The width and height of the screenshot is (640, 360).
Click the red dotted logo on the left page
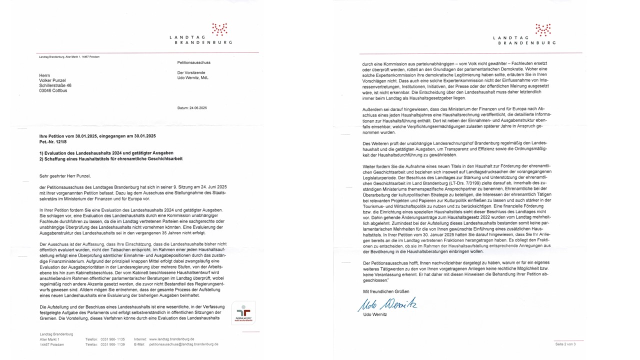(219, 29)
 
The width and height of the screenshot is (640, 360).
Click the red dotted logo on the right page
(542, 29)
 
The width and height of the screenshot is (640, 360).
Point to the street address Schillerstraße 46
(55, 85)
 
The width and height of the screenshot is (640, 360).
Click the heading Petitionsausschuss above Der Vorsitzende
(194, 63)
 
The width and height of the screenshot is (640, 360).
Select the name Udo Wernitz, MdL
(193, 78)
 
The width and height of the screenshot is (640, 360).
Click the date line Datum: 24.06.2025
(192, 108)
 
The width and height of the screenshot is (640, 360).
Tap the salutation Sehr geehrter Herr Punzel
(65, 175)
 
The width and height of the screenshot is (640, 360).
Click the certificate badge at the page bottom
(243, 312)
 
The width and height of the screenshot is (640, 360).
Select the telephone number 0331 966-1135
(112, 339)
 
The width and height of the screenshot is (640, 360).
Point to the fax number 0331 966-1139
(112, 344)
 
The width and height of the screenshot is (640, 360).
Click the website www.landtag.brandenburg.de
(171, 339)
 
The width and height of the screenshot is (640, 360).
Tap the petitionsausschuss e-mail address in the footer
(184, 344)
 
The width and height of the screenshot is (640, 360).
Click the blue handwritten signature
(387, 304)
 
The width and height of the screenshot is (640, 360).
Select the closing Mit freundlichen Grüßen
(386, 291)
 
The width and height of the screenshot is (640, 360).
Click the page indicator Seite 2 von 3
(566, 344)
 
